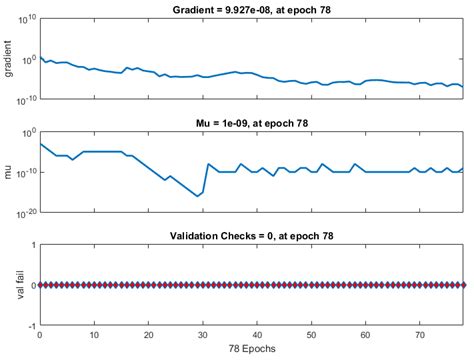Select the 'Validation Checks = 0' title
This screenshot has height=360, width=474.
pyautogui.click(x=251, y=236)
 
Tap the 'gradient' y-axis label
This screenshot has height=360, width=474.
pyautogui.click(x=9, y=59)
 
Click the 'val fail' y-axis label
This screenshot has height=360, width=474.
pyautogui.click(x=9, y=285)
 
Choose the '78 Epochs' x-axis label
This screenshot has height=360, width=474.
pyautogui.click(x=251, y=351)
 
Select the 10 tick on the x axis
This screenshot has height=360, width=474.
pyautogui.click(x=94, y=337)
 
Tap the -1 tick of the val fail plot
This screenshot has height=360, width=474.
pyautogui.click(x=31, y=326)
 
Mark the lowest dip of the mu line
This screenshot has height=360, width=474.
pyautogui.click(x=197, y=196)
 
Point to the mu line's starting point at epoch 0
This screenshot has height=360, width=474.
pyautogui.click(x=40, y=144)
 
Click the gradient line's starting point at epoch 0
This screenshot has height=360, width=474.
pyautogui.click(x=40, y=57)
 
